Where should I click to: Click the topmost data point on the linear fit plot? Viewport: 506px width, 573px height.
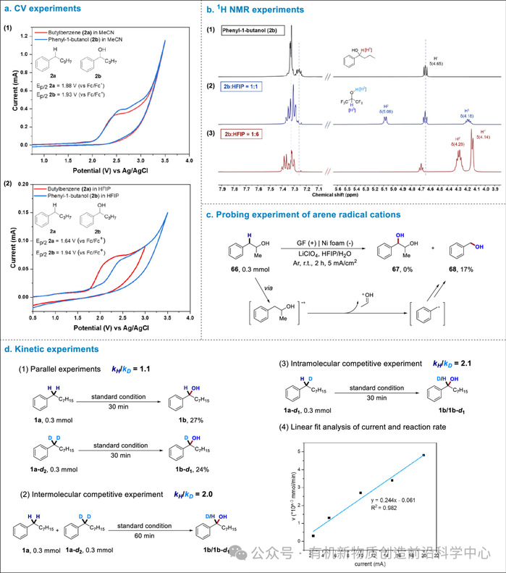[423, 455]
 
